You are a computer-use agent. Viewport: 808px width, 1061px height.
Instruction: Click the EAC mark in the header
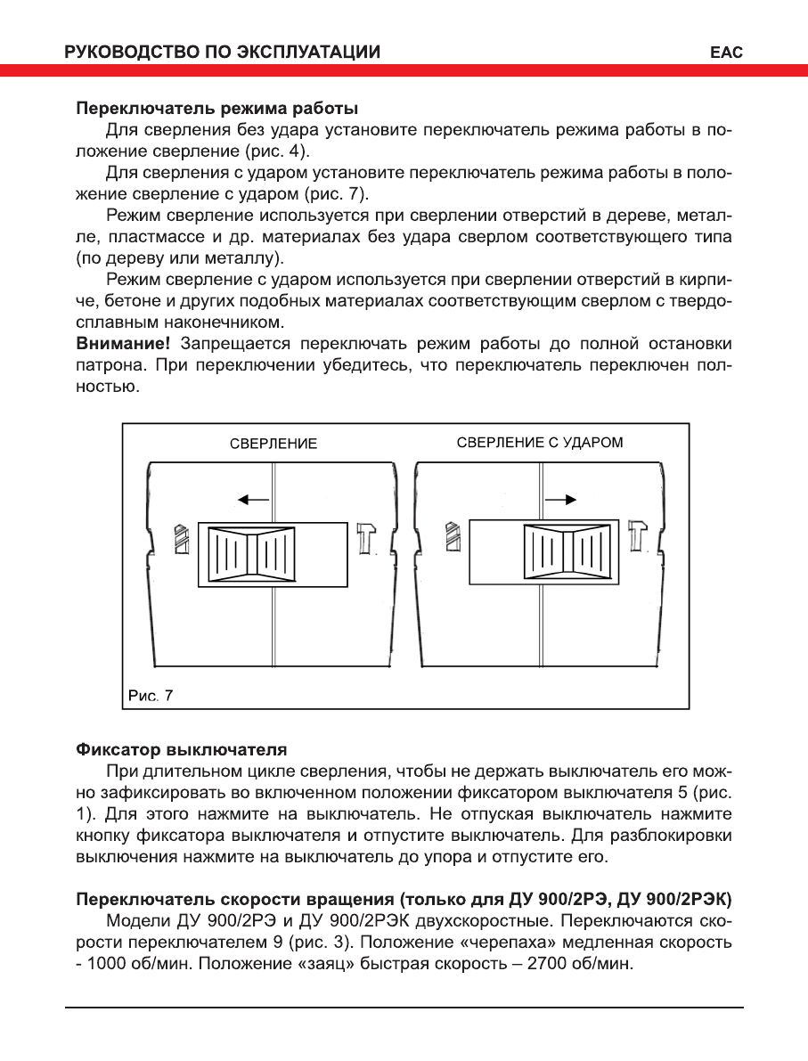tap(726, 53)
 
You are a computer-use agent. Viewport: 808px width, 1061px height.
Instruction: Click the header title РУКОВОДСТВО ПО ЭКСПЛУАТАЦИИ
tap(223, 53)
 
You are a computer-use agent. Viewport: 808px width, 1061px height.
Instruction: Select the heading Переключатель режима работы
tap(216, 109)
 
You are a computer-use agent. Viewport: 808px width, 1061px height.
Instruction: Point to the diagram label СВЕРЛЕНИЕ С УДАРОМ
tap(540, 442)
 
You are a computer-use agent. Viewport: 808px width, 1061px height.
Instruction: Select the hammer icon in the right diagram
tap(636, 536)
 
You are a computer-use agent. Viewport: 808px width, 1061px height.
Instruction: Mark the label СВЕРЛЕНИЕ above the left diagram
tap(273, 444)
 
